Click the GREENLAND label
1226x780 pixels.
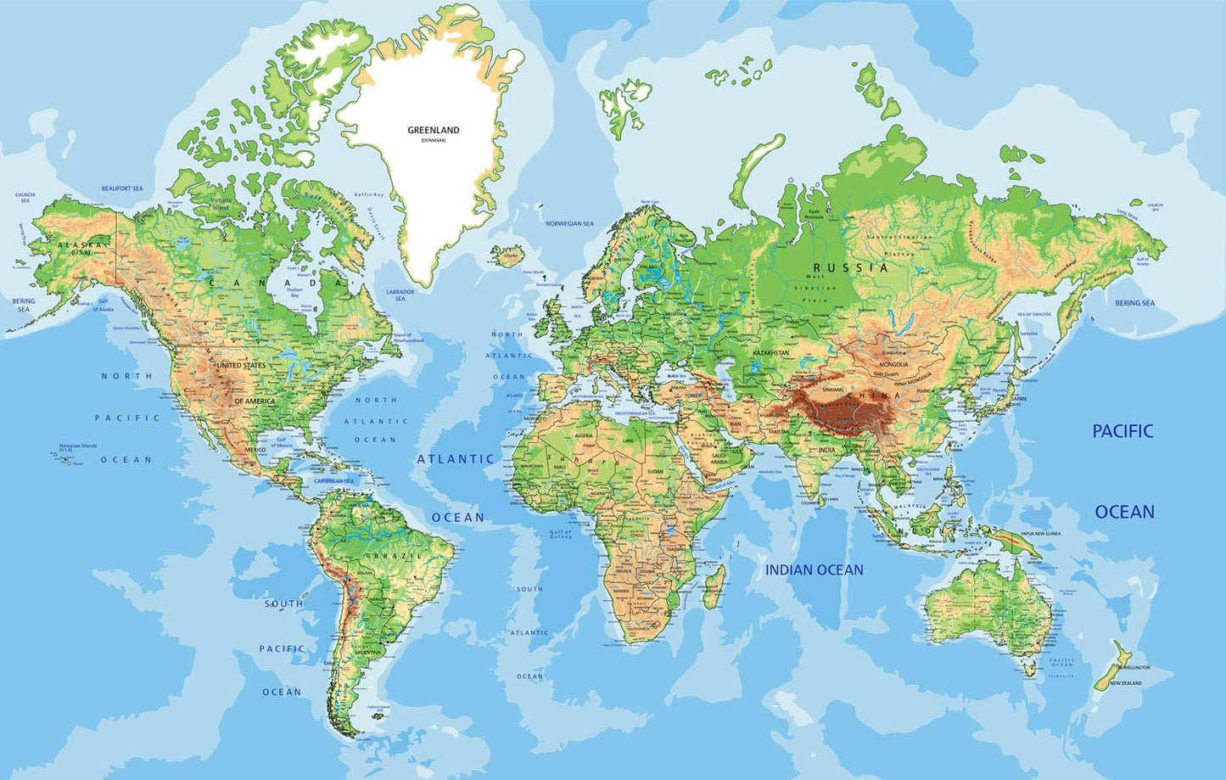(433, 130)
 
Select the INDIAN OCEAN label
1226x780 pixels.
(815, 570)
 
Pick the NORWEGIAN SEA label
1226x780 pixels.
(569, 223)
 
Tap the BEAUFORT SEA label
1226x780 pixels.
(122, 188)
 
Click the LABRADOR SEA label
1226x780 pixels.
(400, 295)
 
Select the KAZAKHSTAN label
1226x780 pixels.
(770, 353)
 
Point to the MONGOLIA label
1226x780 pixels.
(893, 365)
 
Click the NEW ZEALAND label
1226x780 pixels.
(1126, 682)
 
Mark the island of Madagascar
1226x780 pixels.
(715, 588)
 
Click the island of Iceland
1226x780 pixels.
(509, 255)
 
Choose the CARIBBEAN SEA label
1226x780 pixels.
(333, 481)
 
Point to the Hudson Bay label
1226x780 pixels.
(295, 292)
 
